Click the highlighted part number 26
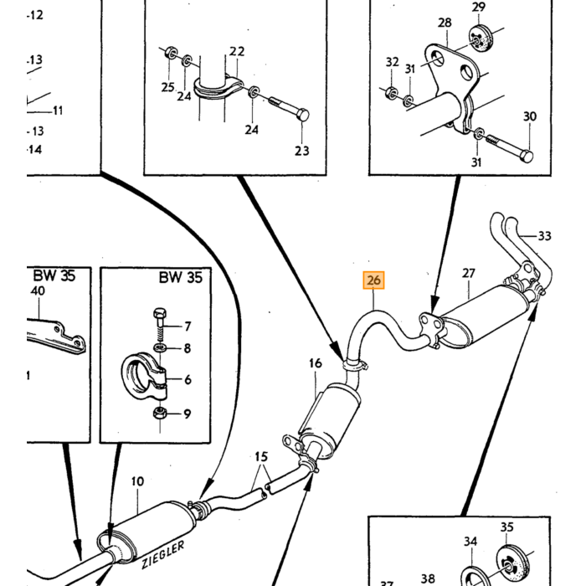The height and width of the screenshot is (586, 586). pyautogui.click(x=373, y=280)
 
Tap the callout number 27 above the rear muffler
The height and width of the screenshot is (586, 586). pyautogui.click(x=468, y=274)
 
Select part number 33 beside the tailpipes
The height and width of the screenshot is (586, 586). pyautogui.click(x=544, y=236)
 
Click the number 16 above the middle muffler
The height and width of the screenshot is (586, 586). pyautogui.click(x=315, y=362)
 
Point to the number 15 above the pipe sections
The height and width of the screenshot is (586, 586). pyautogui.click(x=261, y=457)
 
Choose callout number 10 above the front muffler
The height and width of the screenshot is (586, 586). pyautogui.click(x=137, y=481)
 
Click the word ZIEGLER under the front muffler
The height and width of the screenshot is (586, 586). pyautogui.click(x=163, y=555)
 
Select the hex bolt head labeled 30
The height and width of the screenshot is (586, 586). pyautogui.click(x=526, y=157)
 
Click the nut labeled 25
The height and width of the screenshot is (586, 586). pyautogui.click(x=171, y=53)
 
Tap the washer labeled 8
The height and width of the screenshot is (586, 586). pyautogui.click(x=161, y=348)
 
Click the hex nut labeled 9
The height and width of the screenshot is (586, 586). pyautogui.click(x=160, y=413)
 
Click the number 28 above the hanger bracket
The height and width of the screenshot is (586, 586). pyautogui.click(x=445, y=23)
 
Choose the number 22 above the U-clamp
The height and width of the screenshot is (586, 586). pyautogui.click(x=237, y=51)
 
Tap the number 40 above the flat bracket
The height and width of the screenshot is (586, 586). pyautogui.click(x=38, y=290)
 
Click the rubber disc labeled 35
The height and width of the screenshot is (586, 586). pyautogui.click(x=511, y=564)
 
